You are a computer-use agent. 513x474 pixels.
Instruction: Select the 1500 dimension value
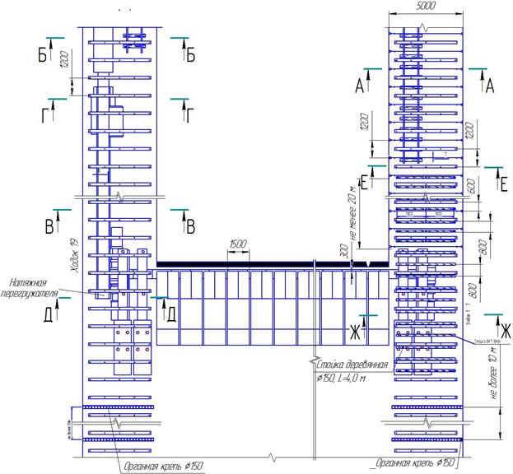pos(239,244)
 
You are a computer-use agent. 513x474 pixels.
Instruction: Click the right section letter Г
pos(189,114)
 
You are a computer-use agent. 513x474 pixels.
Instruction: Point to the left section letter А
pos(359,85)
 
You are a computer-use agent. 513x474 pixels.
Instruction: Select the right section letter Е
pos(502,184)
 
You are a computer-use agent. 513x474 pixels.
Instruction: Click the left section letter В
pos(49,225)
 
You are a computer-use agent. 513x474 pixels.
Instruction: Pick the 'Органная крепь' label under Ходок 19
pos(161,465)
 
